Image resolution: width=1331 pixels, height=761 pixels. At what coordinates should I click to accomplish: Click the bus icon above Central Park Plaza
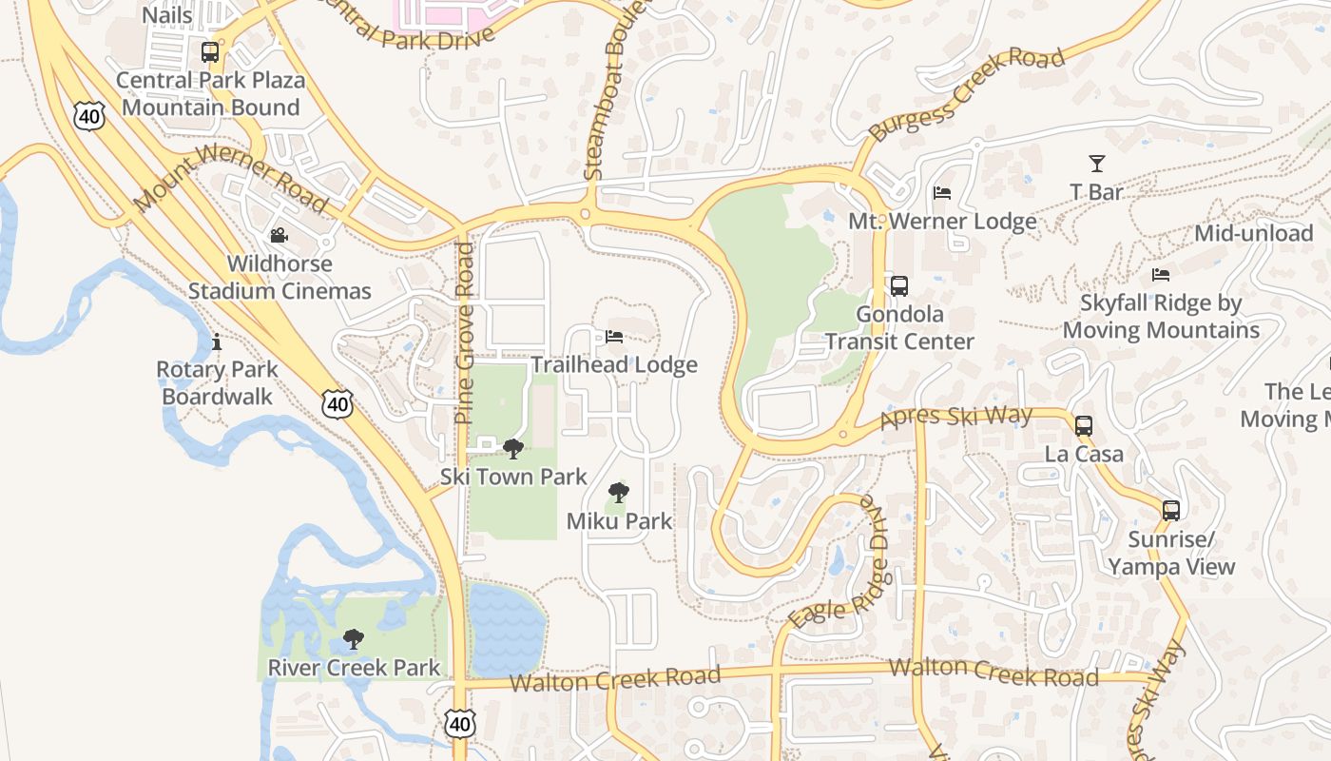point(210,52)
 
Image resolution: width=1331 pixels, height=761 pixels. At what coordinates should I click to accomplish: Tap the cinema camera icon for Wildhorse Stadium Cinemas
point(279,235)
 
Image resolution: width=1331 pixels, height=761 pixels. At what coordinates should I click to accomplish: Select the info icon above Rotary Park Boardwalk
point(217,341)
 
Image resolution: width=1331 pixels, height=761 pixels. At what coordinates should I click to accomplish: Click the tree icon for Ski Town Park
point(513,448)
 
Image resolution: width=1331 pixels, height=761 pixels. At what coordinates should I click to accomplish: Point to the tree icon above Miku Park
point(619,493)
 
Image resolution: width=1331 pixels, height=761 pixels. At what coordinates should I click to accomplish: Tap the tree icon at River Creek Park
point(354,638)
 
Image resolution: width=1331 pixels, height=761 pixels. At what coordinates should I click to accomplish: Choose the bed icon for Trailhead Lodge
point(614,337)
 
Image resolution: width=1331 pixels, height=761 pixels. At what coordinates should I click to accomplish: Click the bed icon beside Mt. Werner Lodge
point(942,193)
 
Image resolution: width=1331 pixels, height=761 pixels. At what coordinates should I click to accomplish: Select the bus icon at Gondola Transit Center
point(899,285)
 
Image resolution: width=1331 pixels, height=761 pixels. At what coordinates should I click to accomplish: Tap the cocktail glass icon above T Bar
point(1097,164)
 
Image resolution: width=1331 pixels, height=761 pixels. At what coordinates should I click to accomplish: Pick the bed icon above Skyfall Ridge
point(1161,275)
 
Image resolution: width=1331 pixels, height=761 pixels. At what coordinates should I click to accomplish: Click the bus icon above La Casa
point(1084,425)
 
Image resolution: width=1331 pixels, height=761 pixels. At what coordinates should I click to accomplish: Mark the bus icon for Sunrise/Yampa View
point(1171,511)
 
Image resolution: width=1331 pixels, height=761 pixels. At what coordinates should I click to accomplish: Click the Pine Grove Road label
point(464,333)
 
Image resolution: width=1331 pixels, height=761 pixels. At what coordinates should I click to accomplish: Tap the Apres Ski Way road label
point(956,417)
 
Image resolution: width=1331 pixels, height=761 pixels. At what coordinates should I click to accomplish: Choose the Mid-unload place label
point(1253,233)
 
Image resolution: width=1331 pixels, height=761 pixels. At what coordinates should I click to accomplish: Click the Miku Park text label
point(619,521)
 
